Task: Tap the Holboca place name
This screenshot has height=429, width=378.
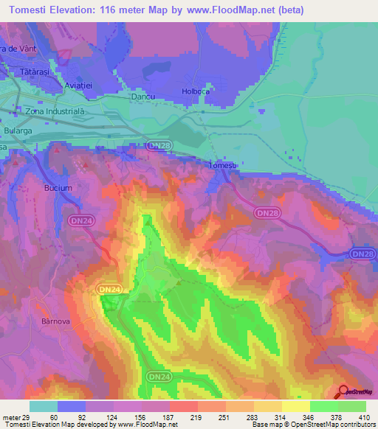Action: (196, 92)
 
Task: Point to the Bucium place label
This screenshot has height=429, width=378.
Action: (58, 188)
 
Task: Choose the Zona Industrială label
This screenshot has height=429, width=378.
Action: (55, 111)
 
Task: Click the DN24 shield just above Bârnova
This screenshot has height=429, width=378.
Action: (109, 290)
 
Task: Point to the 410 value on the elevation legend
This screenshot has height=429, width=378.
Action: (365, 417)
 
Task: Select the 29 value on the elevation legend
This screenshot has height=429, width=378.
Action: (26, 417)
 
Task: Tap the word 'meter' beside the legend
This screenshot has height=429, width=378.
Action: (11, 417)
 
